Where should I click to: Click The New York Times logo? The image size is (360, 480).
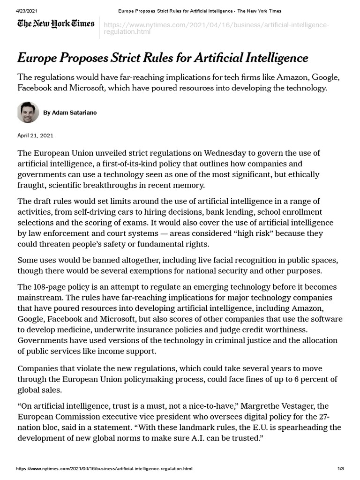56,23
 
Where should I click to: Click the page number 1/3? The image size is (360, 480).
341,469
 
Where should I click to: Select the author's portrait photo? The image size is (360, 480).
28,112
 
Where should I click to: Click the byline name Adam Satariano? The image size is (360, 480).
70,113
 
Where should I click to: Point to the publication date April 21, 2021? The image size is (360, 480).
36,135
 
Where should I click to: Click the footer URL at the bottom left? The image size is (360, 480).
105,469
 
